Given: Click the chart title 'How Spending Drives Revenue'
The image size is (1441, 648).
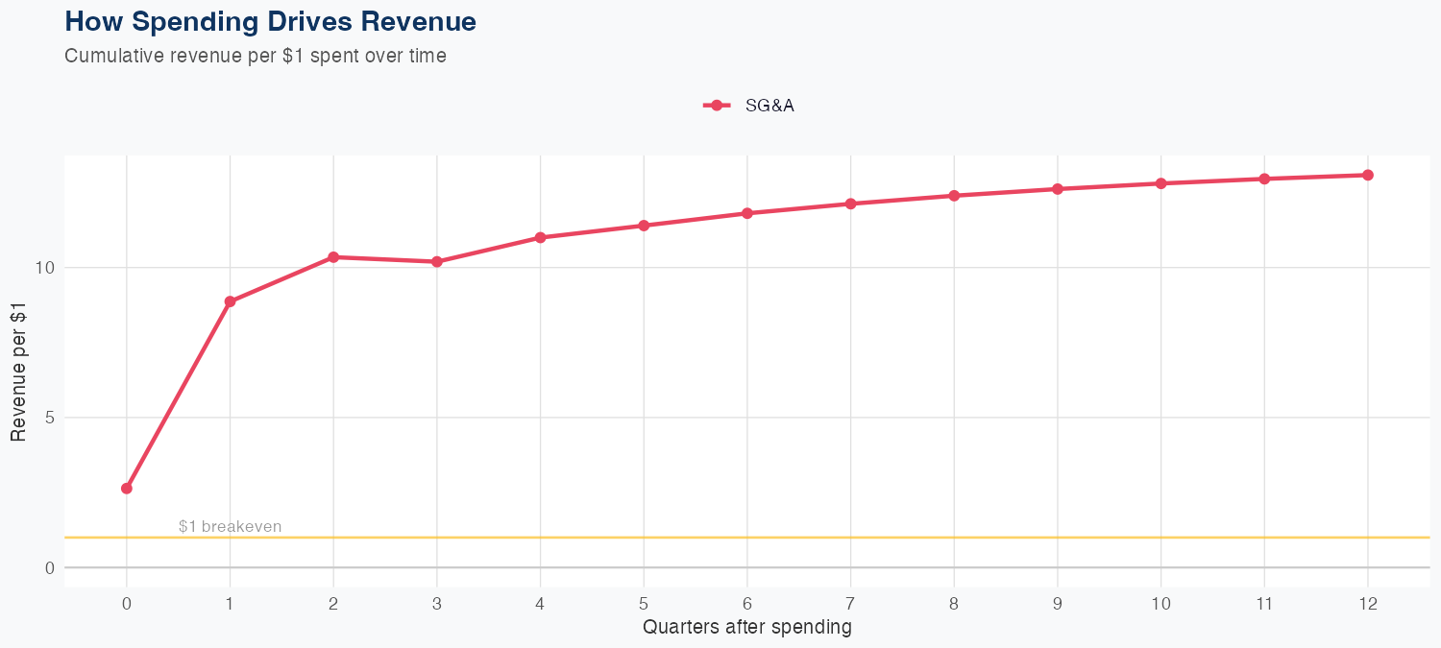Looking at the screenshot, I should (x=270, y=21).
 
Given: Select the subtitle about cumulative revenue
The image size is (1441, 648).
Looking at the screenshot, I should (x=256, y=56).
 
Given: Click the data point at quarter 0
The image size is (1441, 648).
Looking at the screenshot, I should (x=127, y=489).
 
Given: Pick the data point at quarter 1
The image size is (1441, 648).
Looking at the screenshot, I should (x=230, y=301).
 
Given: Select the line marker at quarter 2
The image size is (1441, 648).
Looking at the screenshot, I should (x=333, y=257).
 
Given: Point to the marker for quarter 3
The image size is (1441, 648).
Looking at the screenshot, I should (x=437, y=262).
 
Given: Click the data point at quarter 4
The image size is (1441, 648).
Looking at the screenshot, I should (x=540, y=237).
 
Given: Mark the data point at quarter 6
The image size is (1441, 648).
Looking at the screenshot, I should (x=747, y=213).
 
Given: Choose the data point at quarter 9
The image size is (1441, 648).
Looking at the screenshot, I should (x=1058, y=189).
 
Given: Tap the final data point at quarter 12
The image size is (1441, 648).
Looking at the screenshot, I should (x=1368, y=175).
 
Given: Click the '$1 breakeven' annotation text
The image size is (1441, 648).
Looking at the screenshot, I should (x=231, y=527).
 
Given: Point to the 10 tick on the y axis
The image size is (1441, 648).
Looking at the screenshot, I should (x=44, y=267).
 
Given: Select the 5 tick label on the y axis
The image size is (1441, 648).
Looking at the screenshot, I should (x=48, y=418).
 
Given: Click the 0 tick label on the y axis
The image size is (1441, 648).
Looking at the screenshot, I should (x=48, y=567).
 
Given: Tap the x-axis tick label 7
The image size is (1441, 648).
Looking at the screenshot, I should (x=850, y=604).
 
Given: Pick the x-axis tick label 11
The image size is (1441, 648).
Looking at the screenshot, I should (x=1264, y=604).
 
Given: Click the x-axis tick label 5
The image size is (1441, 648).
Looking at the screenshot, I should (x=644, y=604).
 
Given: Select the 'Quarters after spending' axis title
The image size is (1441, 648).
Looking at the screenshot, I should (x=746, y=628).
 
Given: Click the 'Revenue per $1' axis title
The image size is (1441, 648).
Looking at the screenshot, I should (x=18, y=371).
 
